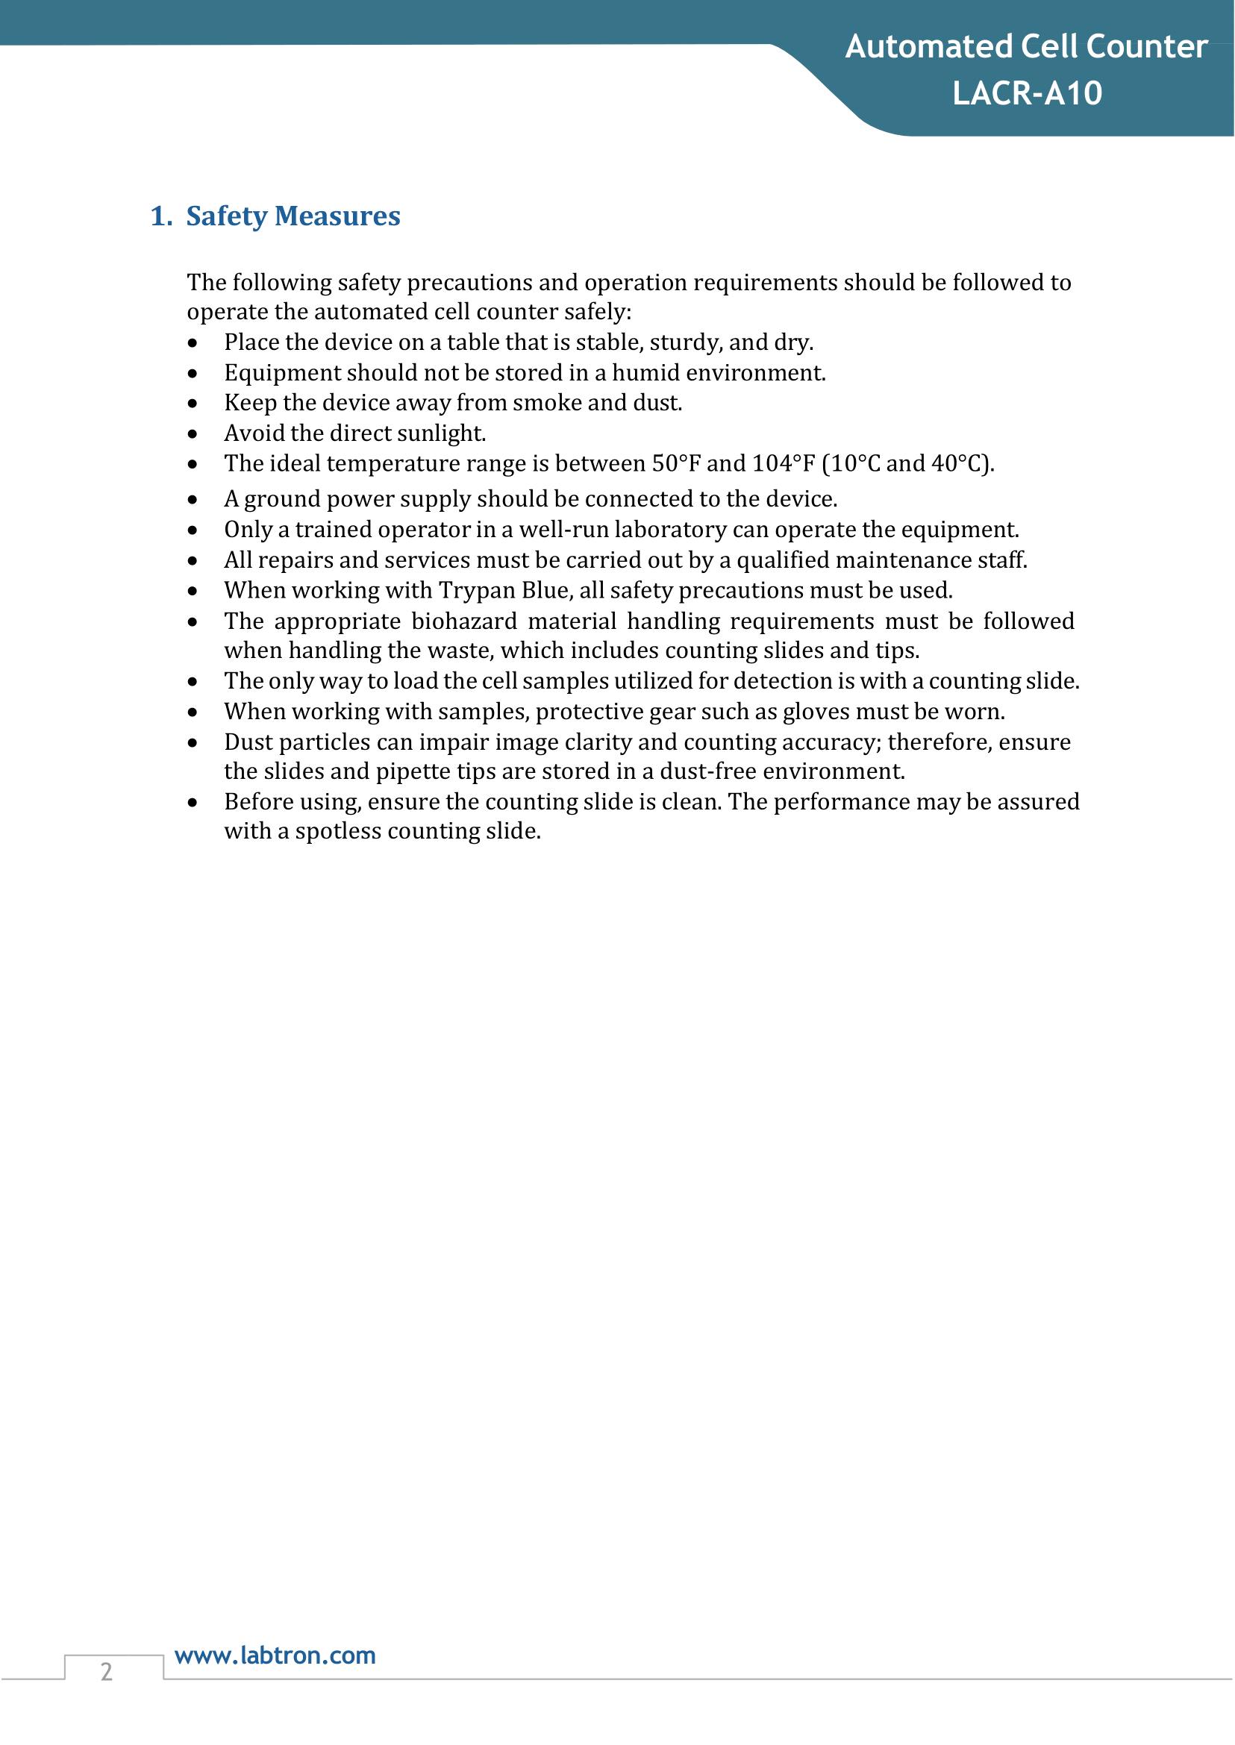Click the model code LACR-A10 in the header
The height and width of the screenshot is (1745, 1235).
1027,93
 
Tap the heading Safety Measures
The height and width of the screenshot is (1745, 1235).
293,216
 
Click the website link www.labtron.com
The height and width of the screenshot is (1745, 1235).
275,1655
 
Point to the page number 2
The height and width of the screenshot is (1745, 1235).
107,1671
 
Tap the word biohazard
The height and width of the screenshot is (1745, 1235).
464,621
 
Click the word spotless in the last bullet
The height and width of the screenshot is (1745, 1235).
337,831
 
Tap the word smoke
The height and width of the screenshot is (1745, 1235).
548,402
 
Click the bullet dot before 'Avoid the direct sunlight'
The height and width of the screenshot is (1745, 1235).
193,434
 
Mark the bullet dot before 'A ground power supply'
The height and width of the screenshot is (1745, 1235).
193,500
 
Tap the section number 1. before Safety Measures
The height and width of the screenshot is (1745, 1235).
161,216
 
